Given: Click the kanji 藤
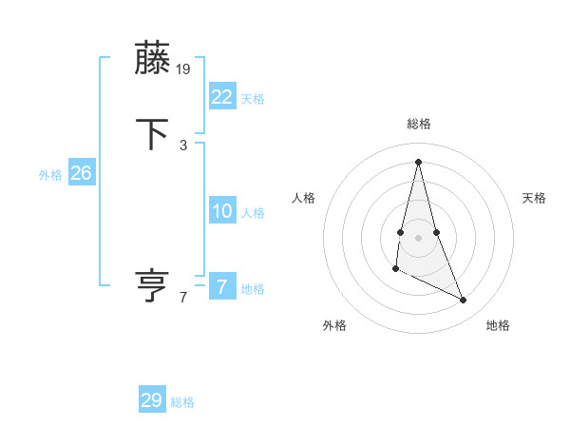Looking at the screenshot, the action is pos(153,58).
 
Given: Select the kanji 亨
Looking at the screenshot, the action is pos(153,285).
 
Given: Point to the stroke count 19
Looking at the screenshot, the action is pos(184,68).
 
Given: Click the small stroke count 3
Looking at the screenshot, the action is pos(183,145).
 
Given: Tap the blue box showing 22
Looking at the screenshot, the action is pos(221,96).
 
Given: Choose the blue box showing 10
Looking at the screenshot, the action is pos(221,211).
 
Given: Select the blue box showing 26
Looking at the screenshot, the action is pos(81,173).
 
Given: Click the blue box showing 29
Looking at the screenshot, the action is pos(152,400).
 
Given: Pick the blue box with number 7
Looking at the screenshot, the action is pos(221,287).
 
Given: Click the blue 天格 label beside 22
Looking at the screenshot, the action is pos(253,99).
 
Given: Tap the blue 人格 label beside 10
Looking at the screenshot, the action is pos(253,213).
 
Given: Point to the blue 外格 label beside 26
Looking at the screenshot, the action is pos(50,175).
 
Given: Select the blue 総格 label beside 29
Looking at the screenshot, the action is pos(182,402).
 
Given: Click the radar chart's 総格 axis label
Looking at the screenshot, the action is pos(418,124).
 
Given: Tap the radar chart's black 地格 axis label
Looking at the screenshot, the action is pos(498,325).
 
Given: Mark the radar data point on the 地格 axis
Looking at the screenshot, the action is pos(464,301).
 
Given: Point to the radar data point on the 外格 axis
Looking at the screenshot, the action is pos(395,270).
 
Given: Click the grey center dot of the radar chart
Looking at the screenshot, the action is pos(418,237).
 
